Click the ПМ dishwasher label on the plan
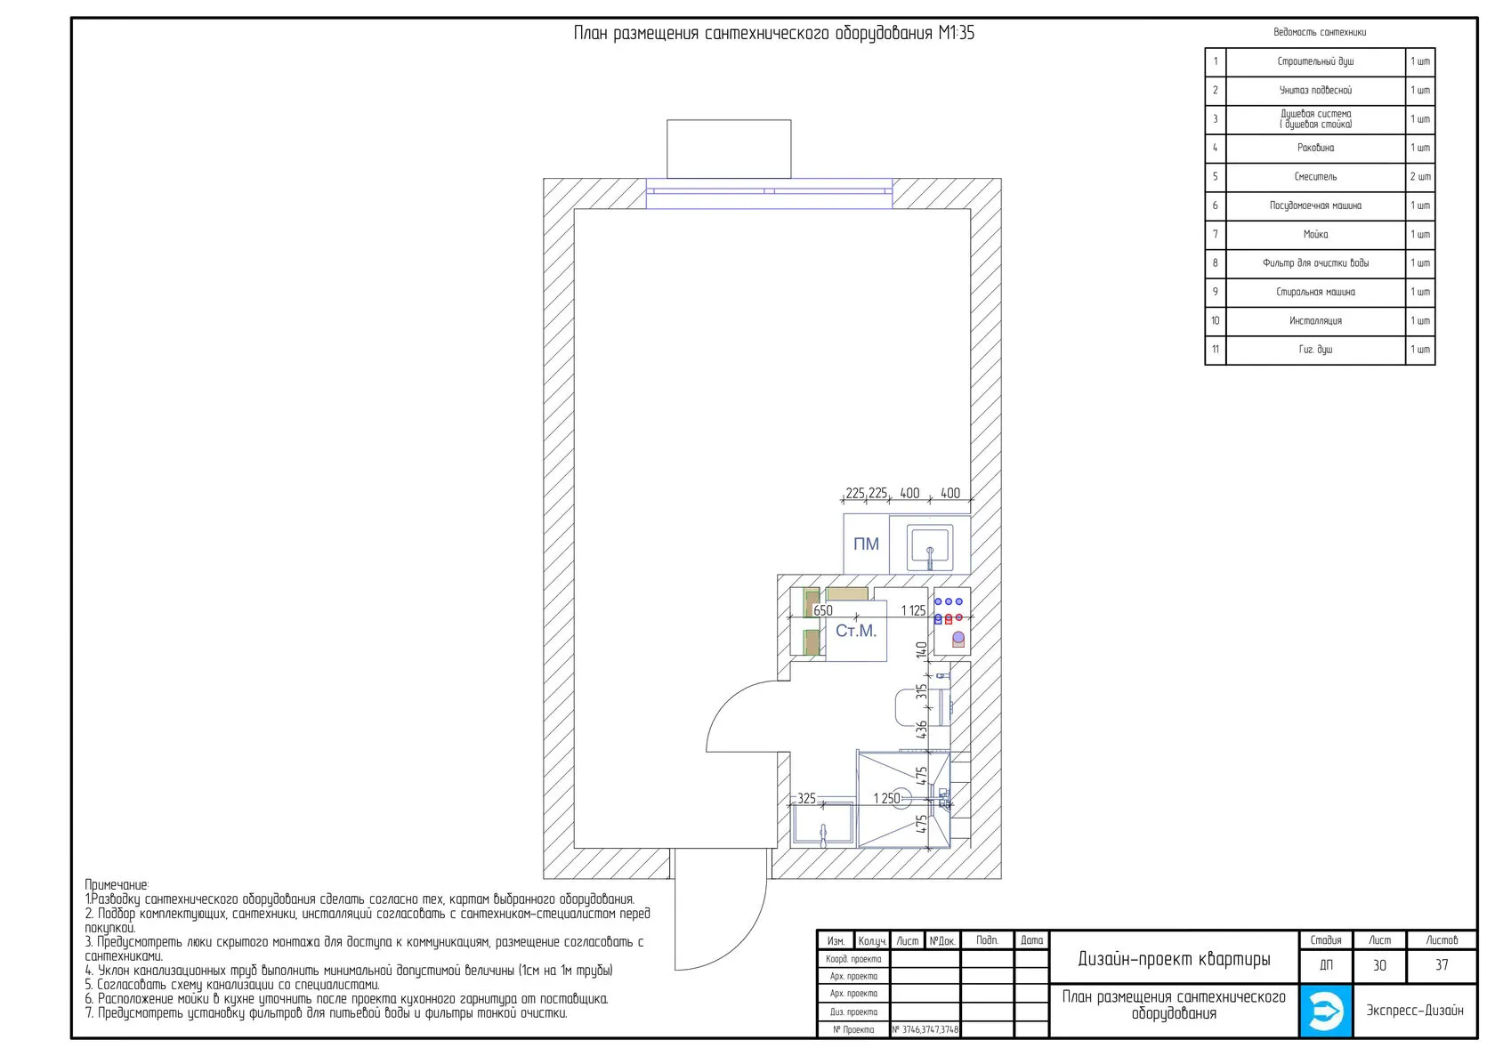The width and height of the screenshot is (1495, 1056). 866,544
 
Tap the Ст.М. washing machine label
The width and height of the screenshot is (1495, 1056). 856,631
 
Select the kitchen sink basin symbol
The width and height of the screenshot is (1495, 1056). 929,548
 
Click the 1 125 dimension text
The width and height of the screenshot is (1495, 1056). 913,610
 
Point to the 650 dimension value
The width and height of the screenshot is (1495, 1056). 823,610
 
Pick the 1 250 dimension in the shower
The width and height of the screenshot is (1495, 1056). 886,799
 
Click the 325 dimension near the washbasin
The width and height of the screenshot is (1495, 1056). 806,799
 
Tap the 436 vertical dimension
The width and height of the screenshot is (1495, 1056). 922,730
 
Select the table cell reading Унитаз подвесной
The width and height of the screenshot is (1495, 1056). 1315,90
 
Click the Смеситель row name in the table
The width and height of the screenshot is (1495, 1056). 1315,177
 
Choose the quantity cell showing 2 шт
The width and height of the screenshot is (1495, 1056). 1420,177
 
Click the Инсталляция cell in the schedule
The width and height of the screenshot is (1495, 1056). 1315,321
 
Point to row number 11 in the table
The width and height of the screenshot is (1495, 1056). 1216,350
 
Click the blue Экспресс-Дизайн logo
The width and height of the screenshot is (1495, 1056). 1326,1012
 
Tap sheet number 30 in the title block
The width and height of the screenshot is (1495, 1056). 1379,965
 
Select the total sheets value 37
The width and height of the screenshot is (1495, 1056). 1442,965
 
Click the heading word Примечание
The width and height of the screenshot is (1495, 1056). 117,885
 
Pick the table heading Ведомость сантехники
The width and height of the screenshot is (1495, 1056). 1320,32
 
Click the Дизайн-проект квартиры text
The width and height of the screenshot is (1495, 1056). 1174,959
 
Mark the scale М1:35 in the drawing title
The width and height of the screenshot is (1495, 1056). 957,33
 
